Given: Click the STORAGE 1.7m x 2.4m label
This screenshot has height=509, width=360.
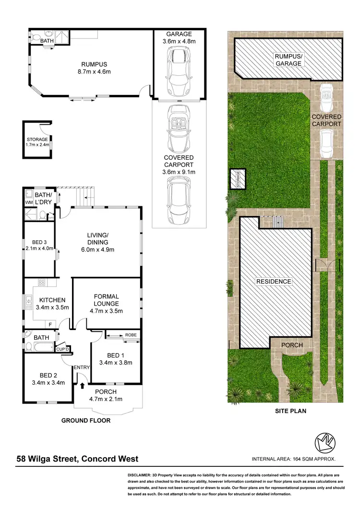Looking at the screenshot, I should coord(37,142).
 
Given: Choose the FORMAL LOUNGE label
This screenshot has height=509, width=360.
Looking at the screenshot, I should coord(107,304).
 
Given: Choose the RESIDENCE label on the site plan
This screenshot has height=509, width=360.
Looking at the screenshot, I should coord(273,282).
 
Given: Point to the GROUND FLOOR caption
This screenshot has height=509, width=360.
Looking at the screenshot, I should coord(86,421).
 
